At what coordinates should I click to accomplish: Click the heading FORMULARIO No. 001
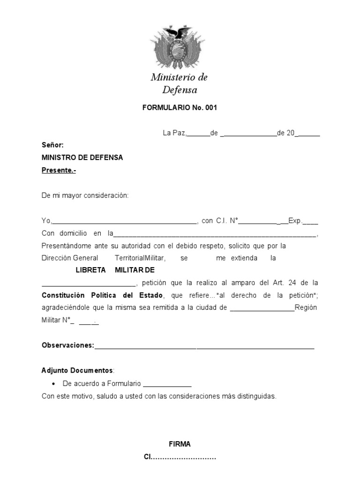coord(180,107)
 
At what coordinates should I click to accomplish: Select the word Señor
coord(52,145)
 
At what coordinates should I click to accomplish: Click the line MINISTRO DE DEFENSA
coord(82,157)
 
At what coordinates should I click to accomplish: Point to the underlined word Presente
coord(59,170)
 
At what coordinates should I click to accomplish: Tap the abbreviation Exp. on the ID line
coord(295,220)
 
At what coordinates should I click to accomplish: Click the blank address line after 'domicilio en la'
coord(215,234)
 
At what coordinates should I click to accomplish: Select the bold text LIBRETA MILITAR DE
coord(115,270)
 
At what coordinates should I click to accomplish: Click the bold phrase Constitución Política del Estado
coord(102,295)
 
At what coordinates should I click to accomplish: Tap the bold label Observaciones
coord(67,345)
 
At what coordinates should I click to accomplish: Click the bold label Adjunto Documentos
coord(77,370)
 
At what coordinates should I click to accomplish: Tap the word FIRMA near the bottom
coord(180,444)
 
